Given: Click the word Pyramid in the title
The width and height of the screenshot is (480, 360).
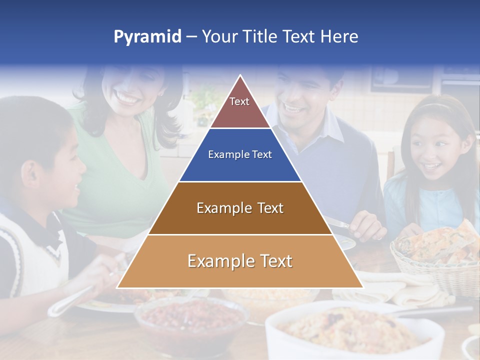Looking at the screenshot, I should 147,37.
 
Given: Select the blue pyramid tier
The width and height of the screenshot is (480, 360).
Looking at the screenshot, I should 240,155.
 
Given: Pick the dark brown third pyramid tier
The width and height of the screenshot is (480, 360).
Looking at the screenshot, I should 240,208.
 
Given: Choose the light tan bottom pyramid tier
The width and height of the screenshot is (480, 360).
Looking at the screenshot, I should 240,261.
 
